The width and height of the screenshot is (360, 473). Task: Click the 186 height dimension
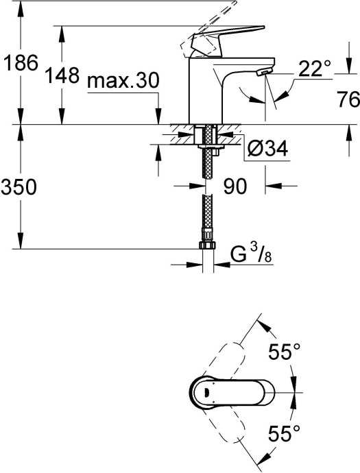19,64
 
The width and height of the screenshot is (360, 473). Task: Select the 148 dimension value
63,77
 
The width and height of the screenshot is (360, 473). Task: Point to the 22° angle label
315,67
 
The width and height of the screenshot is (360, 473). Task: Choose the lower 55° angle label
284,433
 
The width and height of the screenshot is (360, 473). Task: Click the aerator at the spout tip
261,73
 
